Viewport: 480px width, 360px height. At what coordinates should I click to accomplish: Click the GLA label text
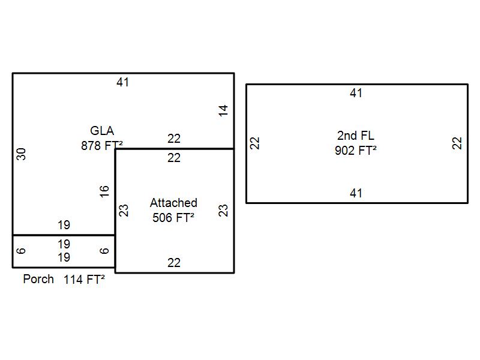pyautogui.click(x=102, y=131)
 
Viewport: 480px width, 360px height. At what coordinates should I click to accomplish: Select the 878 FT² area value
pyautogui.click(x=101, y=145)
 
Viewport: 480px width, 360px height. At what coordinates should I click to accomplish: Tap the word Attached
pyautogui.click(x=173, y=203)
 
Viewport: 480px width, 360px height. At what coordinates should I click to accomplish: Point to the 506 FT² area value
pyautogui.click(x=173, y=217)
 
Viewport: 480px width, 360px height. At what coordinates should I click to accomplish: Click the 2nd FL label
pyautogui.click(x=356, y=136)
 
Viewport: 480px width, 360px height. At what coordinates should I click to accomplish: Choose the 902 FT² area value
pyautogui.click(x=356, y=150)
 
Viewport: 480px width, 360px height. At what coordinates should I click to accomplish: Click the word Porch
pyautogui.click(x=38, y=279)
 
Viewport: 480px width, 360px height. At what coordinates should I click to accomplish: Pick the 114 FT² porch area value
pyautogui.click(x=85, y=279)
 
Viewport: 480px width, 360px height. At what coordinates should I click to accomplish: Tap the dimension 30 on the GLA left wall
pyautogui.click(x=22, y=154)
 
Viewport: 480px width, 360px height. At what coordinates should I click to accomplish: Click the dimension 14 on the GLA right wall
pyautogui.click(x=224, y=110)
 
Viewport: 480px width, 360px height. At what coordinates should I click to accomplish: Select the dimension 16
pyautogui.click(x=105, y=191)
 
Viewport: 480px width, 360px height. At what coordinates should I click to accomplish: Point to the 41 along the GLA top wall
pyautogui.click(x=123, y=82)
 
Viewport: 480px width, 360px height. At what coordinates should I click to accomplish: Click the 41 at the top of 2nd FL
pyautogui.click(x=356, y=93)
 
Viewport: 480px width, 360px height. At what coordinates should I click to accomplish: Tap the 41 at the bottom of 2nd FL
pyautogui.click(x=356, y=193)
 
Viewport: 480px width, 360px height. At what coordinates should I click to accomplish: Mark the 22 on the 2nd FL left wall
pyautogui.click(x=255, y=143)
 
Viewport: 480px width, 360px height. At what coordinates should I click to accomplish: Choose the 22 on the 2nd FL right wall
pyautogui.click(x=458, y=143)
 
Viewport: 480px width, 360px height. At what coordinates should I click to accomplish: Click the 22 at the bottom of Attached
pyautogui.click(x=174, y=263)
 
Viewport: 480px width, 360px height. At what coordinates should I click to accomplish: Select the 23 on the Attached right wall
pyautogui.click(x=223, y=211)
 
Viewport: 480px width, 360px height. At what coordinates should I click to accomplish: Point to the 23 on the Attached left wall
pyautogui.click(x=124, y=211)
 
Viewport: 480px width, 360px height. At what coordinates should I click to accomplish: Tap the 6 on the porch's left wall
pyautogui.click(x=22, y=251)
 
